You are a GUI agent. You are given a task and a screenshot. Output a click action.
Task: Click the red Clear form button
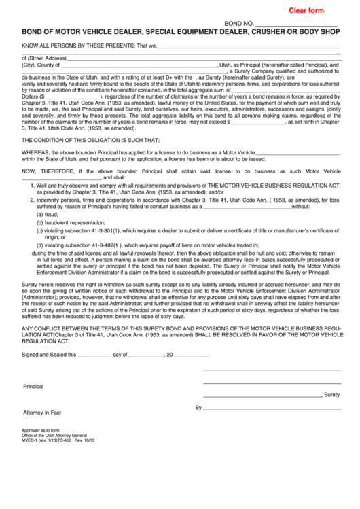pyautogui.click(x=306, y=10)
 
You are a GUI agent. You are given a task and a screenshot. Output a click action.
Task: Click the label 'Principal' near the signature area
pyautogui.click(x=33, y=386)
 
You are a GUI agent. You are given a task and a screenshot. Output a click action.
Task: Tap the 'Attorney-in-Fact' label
pyautogui.click(x=42, y=413)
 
